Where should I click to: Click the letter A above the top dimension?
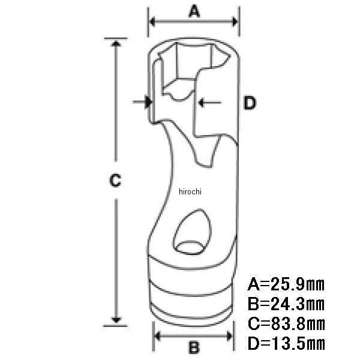tap(194, 12)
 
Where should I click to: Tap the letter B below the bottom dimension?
tap(194, 347)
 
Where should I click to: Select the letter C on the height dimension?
tap(115, 180)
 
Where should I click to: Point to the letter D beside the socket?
tap(250, 103)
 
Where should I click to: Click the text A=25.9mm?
tap(286, 284)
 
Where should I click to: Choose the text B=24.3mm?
tap(286, 304)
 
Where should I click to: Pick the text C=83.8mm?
tap(286, 323)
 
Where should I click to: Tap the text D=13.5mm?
tap(286, 343)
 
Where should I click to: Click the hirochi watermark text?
tap(190, 191)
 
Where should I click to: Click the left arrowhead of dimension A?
tap(152, 22)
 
